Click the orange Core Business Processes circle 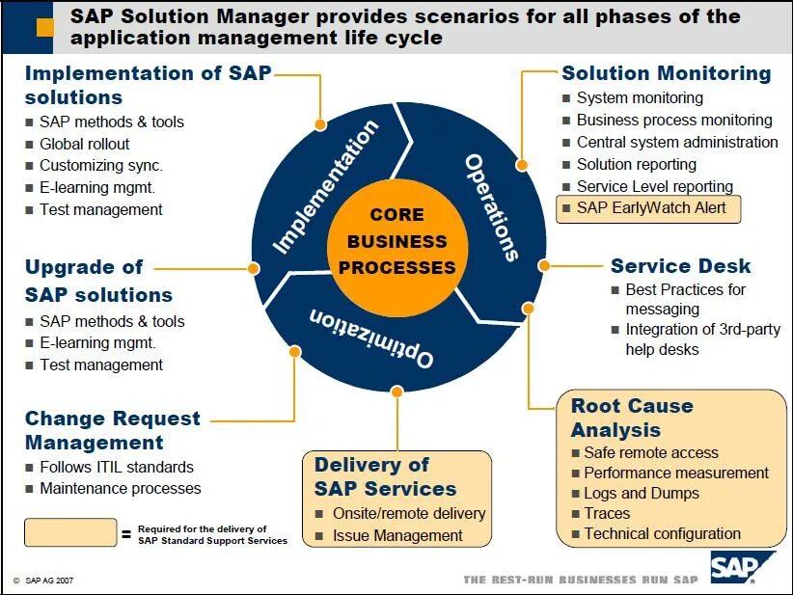tap(397, 240)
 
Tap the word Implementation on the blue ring tap(325, 187)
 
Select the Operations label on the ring tap(492, 206)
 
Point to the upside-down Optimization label tap(370, 338)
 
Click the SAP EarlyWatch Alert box tap(648, 208)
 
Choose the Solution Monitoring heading tap(666, 73)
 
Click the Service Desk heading tap(680, 266)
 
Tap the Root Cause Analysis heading tap(632, 417)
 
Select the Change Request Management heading tap(112, 430)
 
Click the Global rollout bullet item tap(84, 144)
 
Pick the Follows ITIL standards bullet tap(116, 467)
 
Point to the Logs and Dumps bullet tap(642, 493)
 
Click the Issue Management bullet tap(397, 535)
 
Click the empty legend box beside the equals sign tap(68, 533)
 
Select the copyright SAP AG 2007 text tap(43, 581)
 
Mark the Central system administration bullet tap(676, 142)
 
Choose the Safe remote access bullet tap(650, 452)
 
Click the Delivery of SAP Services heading tap(385, 475)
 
